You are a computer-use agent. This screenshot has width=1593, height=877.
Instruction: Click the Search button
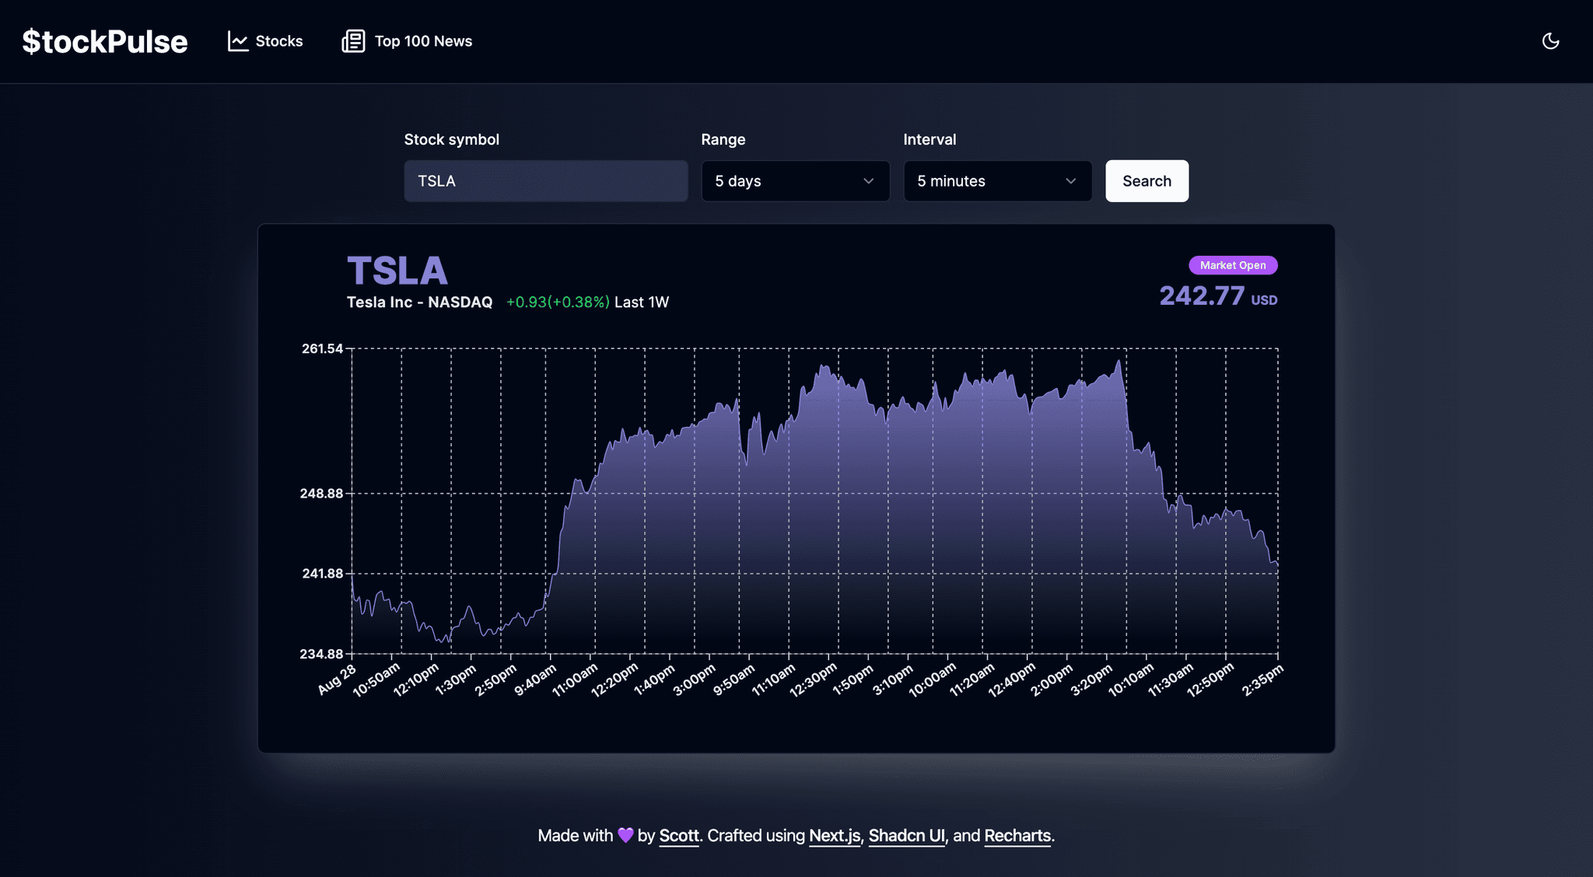click(1147, 181)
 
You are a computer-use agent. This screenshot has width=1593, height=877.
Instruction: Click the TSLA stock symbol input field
click(545, 181)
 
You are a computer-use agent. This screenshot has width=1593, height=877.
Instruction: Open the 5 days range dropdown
click(795, 181)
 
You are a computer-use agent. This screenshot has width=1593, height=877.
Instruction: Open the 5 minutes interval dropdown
click(997, 181)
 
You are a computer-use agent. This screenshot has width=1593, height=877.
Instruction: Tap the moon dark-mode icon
click(1550, 41)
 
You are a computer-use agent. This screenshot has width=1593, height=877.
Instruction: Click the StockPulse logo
click(105, 41)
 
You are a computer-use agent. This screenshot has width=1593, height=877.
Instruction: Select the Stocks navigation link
click(265, 41)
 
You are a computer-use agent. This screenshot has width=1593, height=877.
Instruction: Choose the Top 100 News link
click(407, 41)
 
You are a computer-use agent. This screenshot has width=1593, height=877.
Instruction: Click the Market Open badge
click(1233, 265)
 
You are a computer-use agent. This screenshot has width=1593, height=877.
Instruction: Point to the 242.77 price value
click(1202, 296)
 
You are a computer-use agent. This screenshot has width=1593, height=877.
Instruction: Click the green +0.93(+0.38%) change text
click(558, 302)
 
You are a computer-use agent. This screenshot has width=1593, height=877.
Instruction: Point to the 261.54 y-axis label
click(322, 348)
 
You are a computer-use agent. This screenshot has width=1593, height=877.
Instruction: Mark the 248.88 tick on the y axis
click(322, 494)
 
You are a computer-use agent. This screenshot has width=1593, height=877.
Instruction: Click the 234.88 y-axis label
click(321, 654)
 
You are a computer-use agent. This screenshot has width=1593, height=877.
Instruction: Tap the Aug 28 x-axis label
click(338, 680)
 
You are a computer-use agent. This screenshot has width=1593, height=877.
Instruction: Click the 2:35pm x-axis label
click(1262, 680)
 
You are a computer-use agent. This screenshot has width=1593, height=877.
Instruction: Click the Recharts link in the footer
click(1017, 836)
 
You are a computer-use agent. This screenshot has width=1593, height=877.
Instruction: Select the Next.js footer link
click(835, 836)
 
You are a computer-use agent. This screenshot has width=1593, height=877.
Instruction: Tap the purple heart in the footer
click(625, 835)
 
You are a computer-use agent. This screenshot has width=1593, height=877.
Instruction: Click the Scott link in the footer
click(679, 836)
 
